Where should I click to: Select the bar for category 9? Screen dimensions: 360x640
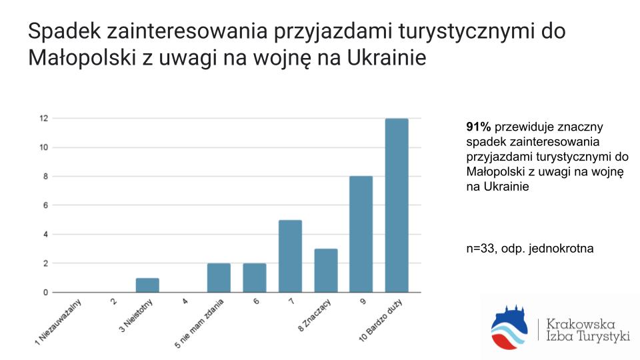(x=361, y=234)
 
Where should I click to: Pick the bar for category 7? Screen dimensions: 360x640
(x=290, y=256)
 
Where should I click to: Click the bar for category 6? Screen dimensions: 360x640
(x=254, y=277)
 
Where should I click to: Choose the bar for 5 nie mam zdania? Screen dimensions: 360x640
(x=219, y=277)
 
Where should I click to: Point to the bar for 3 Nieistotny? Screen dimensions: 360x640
(x=147, y=285)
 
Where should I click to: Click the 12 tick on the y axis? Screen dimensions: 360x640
(x=44, y=119)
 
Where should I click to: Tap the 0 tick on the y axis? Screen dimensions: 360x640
(x=45, y=292)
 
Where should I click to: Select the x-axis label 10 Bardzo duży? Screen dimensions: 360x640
(x=381, y=321)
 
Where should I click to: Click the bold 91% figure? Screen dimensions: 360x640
(x=479, y=127)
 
